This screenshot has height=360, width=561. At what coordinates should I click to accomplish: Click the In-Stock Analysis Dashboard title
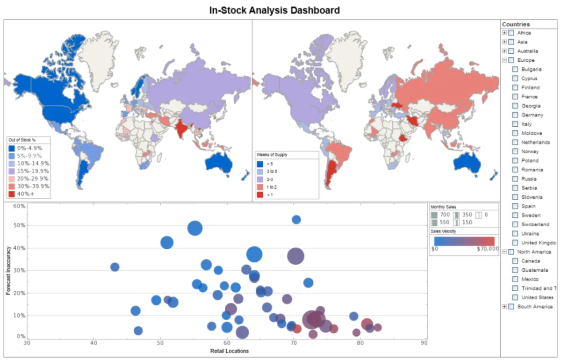274,10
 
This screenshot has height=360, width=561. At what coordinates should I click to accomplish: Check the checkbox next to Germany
515,115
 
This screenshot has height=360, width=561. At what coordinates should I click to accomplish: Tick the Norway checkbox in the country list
515,151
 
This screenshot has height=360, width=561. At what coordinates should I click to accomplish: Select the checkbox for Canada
515,261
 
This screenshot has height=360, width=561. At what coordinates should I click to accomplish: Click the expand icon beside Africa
504,33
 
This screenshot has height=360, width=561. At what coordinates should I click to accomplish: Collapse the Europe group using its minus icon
504,60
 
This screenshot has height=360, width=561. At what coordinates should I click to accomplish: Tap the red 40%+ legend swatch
12,194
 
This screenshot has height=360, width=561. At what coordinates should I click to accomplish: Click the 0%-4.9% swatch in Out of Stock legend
12,148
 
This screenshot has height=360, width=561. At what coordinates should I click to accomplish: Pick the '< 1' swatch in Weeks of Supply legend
260,194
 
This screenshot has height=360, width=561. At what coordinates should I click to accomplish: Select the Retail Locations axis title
230,351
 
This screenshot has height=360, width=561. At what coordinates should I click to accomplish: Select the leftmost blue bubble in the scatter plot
115,267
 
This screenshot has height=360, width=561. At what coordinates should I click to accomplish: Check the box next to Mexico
515,279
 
